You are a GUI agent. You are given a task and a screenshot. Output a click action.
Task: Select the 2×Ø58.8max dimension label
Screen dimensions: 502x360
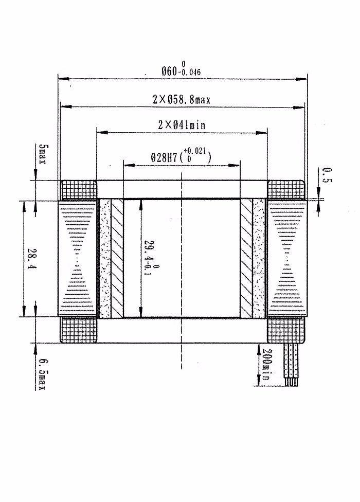pyautogui.click(x=182, y=100)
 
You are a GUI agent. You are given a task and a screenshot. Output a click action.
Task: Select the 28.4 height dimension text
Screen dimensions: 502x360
pyautogui.click(x=30, y=259)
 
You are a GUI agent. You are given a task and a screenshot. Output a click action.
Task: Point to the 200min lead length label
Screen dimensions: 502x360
pyautogui.click(x=266, y=366)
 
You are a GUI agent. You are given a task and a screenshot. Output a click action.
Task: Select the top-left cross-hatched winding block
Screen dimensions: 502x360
pyautogui.click(x=79, y=190)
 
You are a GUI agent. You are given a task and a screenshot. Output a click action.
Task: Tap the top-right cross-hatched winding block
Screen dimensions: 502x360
pyautogui.click(x=286, y=190)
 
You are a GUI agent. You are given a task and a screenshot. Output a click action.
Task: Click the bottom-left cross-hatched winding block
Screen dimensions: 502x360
pyautogui.click(x=79, y=330)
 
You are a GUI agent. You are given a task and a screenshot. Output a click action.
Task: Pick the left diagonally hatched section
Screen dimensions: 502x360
pyautogui.click(x=118, y=258)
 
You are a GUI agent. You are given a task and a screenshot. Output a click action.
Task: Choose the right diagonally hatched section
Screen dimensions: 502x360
pyautogui.click(x=246, y=258)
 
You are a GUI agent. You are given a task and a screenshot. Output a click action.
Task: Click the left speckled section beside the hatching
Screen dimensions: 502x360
pyautogui.click(x=105, y=258)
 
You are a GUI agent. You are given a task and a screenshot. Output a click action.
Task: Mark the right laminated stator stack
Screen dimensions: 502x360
pyautogui.click(x=286, y=258)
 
